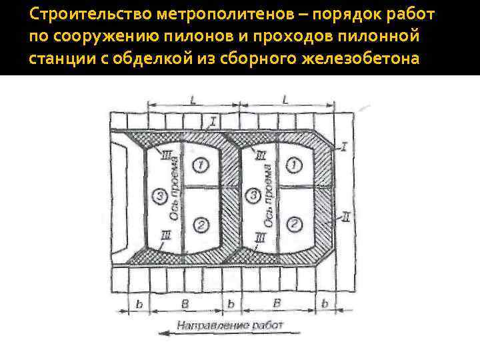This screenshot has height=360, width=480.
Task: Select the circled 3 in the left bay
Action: pyautogui.click(x=157, y=195)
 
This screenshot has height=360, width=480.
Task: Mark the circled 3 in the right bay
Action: pyautogui.click(x=253, y=195)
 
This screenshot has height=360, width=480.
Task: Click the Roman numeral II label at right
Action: pyautogui.click(x=346, y=215)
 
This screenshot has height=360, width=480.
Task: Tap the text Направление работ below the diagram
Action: pyautogui.click(x=231, y=325)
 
